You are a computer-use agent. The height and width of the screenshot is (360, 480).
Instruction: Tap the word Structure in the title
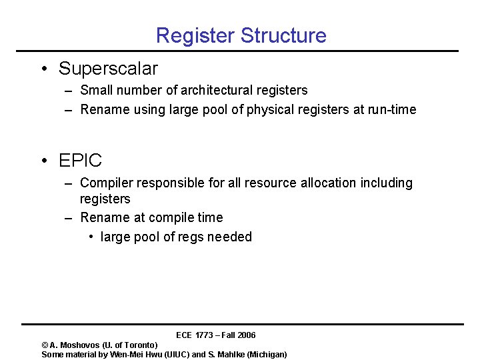click(284, 35)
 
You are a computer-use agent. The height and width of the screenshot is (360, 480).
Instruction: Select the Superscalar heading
click(108, 68)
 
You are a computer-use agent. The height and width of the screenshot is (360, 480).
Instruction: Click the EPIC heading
click(80, 160)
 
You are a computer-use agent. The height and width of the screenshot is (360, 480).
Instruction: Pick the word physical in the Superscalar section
click(271, 109)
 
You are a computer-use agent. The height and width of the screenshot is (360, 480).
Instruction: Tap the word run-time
click(392, 109)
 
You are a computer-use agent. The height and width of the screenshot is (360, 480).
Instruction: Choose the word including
click(386, 183)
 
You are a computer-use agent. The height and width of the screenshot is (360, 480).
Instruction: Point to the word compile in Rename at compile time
click(172, 217)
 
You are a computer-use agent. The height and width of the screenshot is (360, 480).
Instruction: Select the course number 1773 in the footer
click(205, 335)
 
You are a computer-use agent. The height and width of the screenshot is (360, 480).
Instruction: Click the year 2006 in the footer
click(245, 335)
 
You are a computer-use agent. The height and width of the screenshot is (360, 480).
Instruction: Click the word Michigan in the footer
click(267, 354)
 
